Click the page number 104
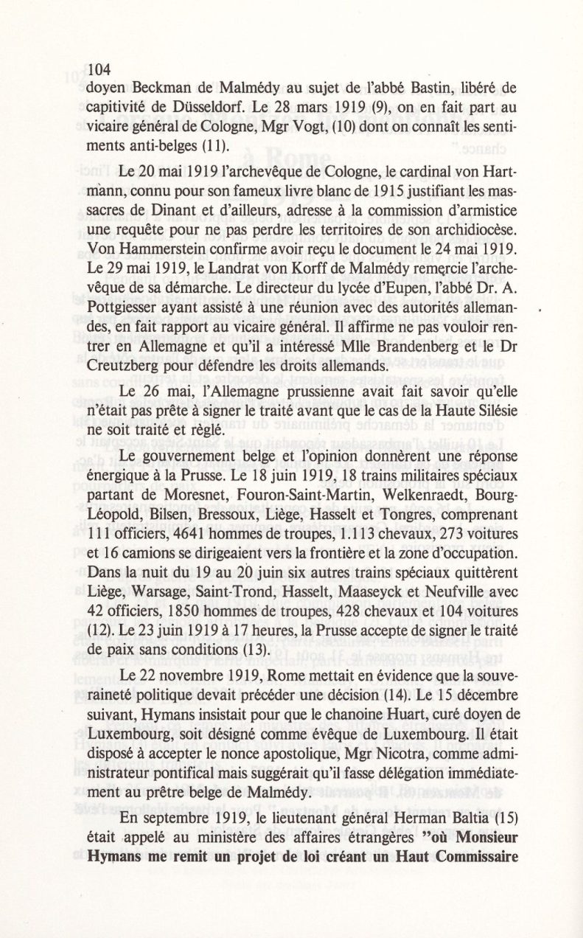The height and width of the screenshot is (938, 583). [98, 71]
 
